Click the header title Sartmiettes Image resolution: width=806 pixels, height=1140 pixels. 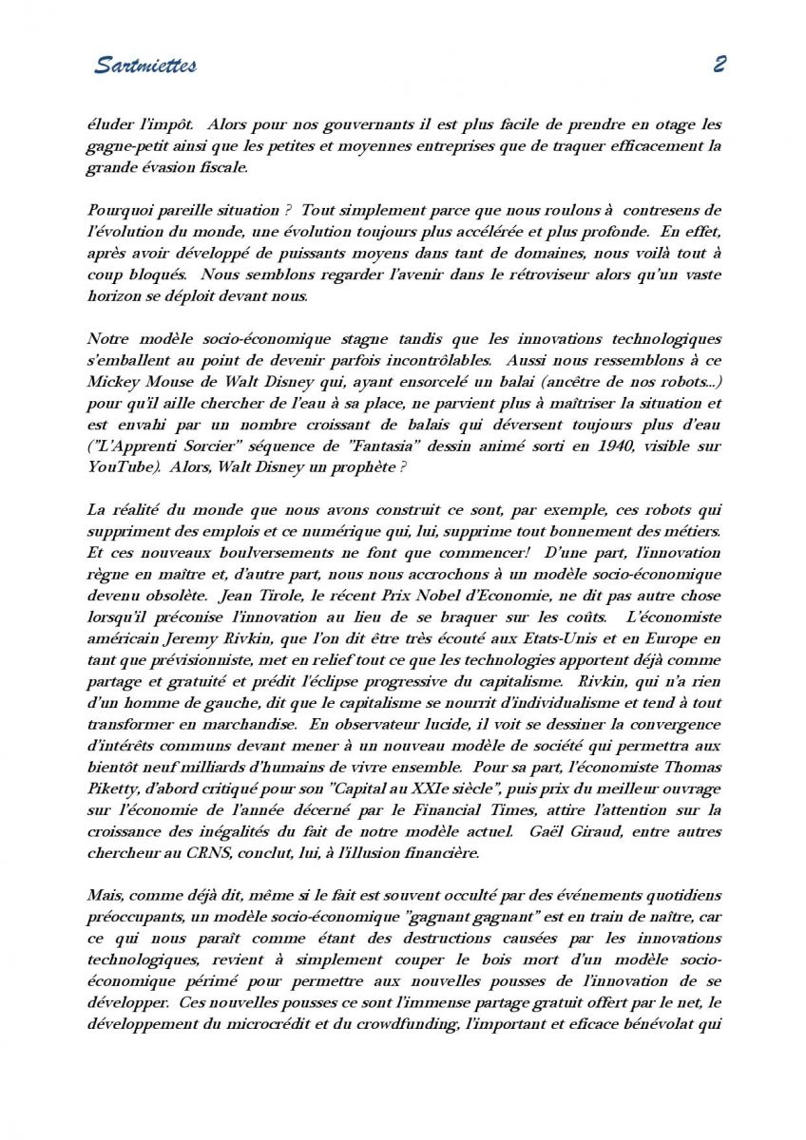point(145,66)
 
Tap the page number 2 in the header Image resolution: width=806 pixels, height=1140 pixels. point(719,65)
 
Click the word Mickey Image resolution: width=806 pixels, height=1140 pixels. point(112,383)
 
